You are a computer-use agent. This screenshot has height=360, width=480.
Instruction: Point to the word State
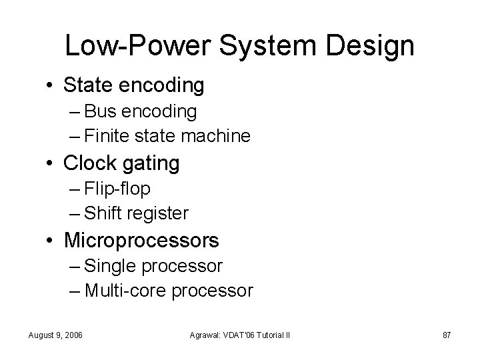[89, 85]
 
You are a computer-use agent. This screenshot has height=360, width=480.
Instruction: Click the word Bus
[100, 111]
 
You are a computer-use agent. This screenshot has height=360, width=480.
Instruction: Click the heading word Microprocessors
[141, 240]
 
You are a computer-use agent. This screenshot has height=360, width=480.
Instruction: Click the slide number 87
[447, 333]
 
